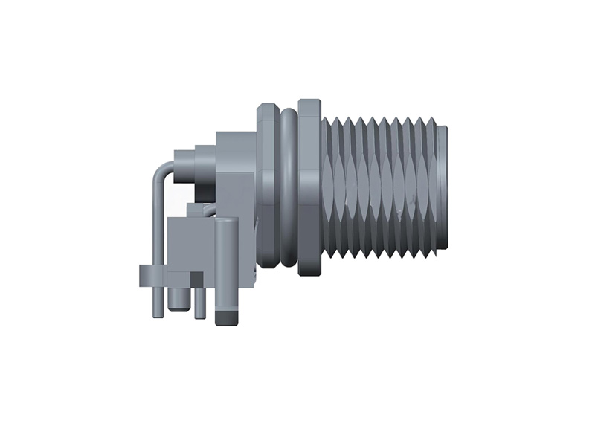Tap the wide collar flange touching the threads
coord(309,186)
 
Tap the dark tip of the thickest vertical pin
coord(226,318)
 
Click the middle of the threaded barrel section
coord(383,186)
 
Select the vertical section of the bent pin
coord(152,223)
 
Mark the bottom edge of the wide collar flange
coord(309,274)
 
